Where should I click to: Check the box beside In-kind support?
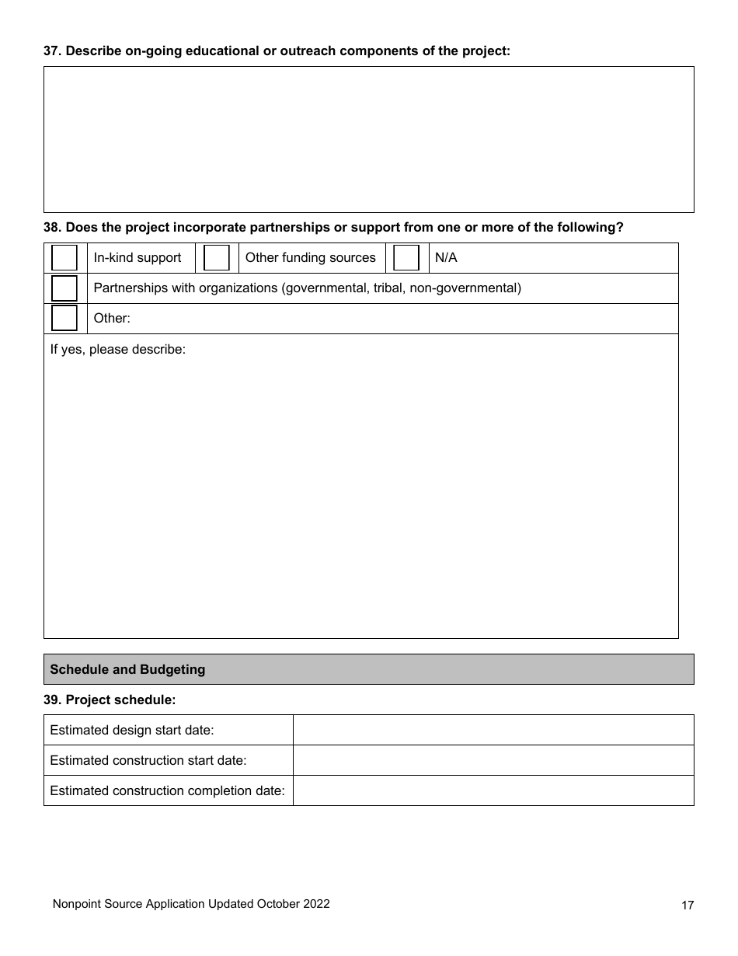64,257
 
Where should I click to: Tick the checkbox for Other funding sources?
217,257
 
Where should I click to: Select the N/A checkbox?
406,257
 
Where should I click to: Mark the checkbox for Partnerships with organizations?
64,288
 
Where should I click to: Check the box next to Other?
64,318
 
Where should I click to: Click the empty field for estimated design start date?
493,730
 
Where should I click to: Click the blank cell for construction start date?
493,760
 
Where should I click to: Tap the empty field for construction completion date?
493,790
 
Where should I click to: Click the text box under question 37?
368,139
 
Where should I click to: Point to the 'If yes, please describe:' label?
118,350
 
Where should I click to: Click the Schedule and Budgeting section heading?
127,669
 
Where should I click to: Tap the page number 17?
688,905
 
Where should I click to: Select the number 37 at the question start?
51,51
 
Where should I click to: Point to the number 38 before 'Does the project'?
51,228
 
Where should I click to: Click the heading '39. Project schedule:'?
110,700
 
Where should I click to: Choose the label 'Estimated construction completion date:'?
167,790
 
